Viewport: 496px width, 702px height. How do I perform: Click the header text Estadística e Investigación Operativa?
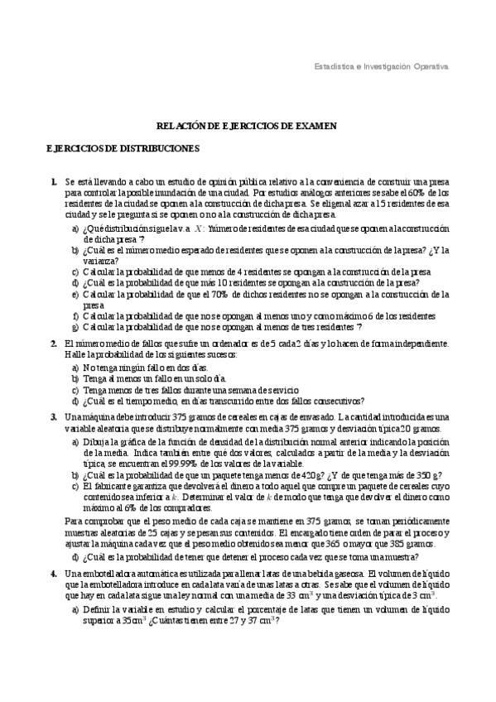click(x=382, y=65)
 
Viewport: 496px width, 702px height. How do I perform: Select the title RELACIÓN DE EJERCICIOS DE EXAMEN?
click(x=247, y=125)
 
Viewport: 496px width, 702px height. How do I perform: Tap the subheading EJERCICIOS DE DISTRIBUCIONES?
click(x=122, y=148)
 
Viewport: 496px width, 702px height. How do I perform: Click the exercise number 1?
click(x=52, y=180)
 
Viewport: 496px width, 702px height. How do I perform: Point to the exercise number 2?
click(x=52, y=343)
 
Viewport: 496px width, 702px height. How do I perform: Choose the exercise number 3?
click(x=52, y=418)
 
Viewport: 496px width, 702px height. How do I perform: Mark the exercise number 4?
click(x=52, y=573)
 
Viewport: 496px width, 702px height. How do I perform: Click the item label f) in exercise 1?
click(x=76, y=315)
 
